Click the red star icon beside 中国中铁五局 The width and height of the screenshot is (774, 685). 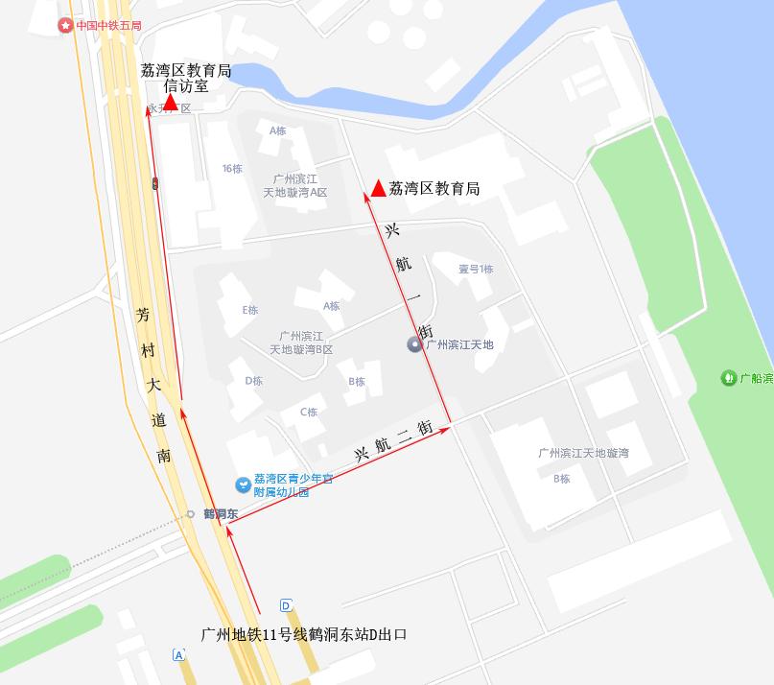[65, 25]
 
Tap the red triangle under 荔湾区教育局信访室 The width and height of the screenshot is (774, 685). [170, 100]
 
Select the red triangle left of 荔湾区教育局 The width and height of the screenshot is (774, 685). [379, 188]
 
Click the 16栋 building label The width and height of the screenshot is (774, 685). [232, 169]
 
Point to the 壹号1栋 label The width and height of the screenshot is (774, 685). [475, 269]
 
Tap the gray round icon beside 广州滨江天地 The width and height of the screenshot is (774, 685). [415, 344]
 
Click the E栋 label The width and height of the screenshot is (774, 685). [250, 310]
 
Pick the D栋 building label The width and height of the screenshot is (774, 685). [253, 381]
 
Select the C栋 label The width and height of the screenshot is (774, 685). [308, 413]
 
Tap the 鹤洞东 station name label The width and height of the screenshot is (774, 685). [221, 514]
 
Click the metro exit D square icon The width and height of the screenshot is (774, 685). [286, 605]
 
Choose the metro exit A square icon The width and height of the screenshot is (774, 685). [178, 655]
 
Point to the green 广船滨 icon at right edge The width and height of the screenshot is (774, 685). [729, 378]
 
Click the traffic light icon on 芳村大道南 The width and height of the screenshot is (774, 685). [154, 182]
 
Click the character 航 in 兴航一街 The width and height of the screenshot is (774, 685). [403, 264]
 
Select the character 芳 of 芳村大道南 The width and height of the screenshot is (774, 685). [143, 315]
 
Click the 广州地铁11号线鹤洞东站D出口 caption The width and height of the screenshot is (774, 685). [304, 634]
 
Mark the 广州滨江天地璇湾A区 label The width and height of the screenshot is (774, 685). [295, 186]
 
